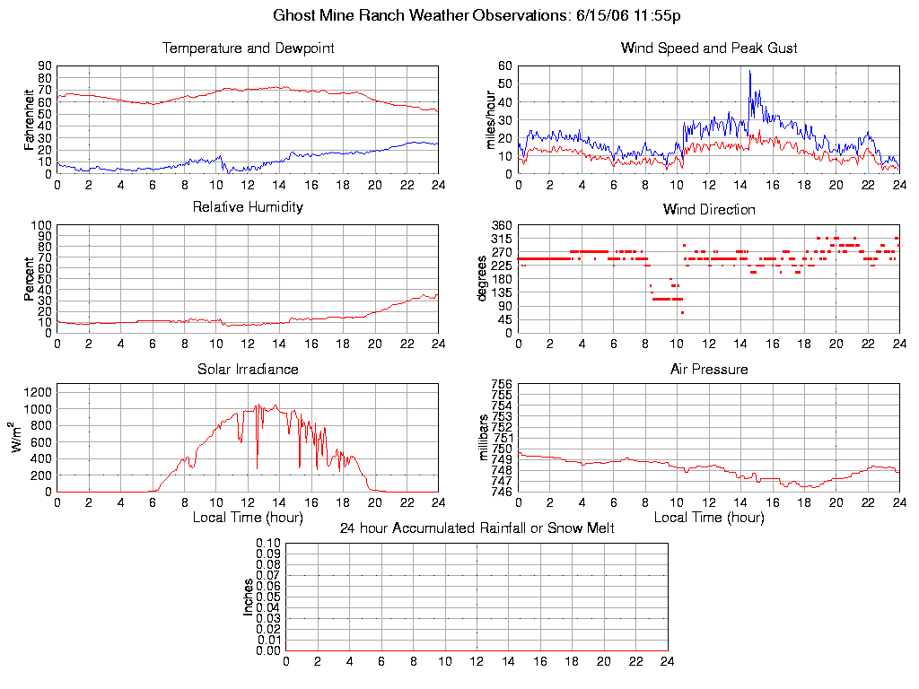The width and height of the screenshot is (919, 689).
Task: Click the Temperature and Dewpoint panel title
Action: coord(248,48)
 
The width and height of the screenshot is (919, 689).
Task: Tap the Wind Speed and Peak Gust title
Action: coord(709,48)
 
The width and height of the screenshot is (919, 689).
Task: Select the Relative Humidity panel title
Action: coord(248,207)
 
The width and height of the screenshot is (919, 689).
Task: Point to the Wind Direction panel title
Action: coord(709,209)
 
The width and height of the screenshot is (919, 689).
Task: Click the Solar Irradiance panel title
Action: coord(248,369)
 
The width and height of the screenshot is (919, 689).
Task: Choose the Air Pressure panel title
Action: coord(709,369)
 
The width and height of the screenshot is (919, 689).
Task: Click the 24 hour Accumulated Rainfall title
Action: coord(477,528)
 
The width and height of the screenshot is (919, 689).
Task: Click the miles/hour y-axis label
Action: coord(490,119)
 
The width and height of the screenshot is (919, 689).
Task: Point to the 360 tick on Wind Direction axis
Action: coord(502,225)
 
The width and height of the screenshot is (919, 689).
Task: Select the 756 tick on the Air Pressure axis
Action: coord(502,385)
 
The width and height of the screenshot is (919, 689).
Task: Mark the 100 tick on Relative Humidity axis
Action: coord(40,225)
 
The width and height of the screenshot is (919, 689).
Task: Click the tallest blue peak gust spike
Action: coord(749,72)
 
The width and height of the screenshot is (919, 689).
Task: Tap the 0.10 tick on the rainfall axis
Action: coord(268,544)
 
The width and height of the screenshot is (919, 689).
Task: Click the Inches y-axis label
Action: coord(249,597)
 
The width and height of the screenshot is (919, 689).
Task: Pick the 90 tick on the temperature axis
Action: coord(44,65)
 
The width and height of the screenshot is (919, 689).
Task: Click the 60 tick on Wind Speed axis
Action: coord(504,65)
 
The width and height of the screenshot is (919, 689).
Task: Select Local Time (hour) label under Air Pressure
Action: coord(709,518)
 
